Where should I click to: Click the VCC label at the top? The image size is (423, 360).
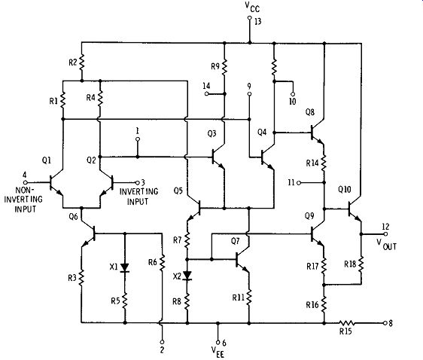(x=252, y=7)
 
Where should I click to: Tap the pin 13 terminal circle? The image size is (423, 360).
(x=250, y=18)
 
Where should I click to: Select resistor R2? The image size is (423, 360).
(x=81, y=62)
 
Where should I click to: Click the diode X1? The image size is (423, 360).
(x=125, y=267)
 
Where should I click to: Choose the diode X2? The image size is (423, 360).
(x=187, y=276)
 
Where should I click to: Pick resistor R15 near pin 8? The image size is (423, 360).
(x=347, y=323)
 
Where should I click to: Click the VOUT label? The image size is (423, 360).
(x=387, y=244)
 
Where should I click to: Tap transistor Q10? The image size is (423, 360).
(x=355, y=210)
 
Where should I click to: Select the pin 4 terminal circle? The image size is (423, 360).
(x=25, y=182)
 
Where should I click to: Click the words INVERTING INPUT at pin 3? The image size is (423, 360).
(x=138, y=197)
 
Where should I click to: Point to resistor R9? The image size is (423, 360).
(x=224, y=66)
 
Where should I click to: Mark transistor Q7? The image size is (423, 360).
(x=242, y=260)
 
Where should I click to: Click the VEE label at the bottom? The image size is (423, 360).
(x=218, y=352)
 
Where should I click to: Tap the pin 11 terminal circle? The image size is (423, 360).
(x=299, y=183)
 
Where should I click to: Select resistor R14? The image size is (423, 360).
(x=324, y=163)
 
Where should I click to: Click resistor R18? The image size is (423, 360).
(x=361, y=264)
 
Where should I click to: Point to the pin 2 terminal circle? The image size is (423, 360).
(x=162, y=342)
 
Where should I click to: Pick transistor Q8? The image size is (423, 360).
(x=318, y=133)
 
